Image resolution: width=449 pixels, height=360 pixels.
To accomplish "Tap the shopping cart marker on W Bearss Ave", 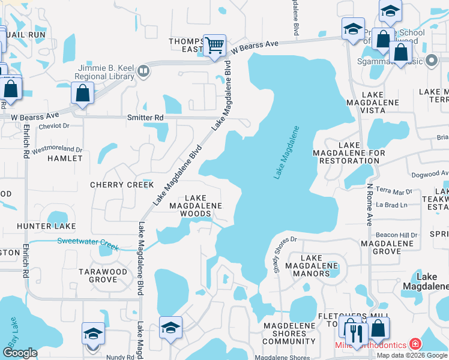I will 214,45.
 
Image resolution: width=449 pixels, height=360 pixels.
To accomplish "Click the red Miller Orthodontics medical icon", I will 414,344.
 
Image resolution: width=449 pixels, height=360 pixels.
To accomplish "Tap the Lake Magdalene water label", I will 286,152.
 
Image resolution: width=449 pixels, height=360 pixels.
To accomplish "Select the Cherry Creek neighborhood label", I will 122,185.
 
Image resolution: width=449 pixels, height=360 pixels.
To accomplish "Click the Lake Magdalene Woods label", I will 196,205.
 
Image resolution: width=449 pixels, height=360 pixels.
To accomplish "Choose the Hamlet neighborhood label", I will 64,158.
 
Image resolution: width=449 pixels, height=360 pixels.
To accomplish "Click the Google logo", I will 20,353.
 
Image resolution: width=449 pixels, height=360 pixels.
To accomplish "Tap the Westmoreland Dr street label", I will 56,148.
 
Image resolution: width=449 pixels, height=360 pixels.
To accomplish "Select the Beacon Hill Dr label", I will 396,235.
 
